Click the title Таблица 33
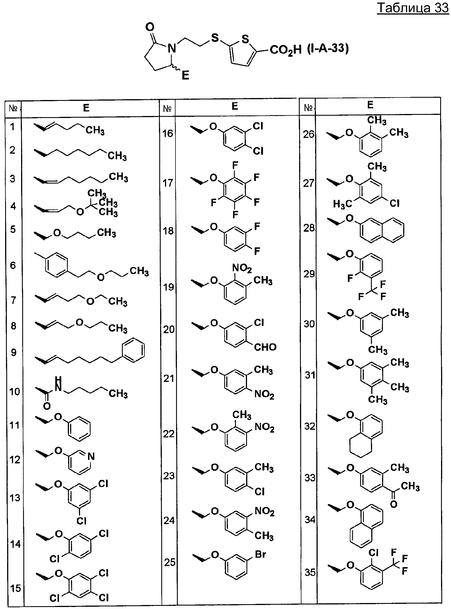[413, 8]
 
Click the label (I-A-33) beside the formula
[328, 49]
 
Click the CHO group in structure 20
[265, 347]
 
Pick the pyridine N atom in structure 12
[91, 457]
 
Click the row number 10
[15, 392]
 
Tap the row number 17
[168, 183]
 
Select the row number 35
[310, 572]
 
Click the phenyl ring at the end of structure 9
[133, 350]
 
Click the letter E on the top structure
[185, 76]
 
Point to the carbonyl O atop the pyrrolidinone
[150, 27]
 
